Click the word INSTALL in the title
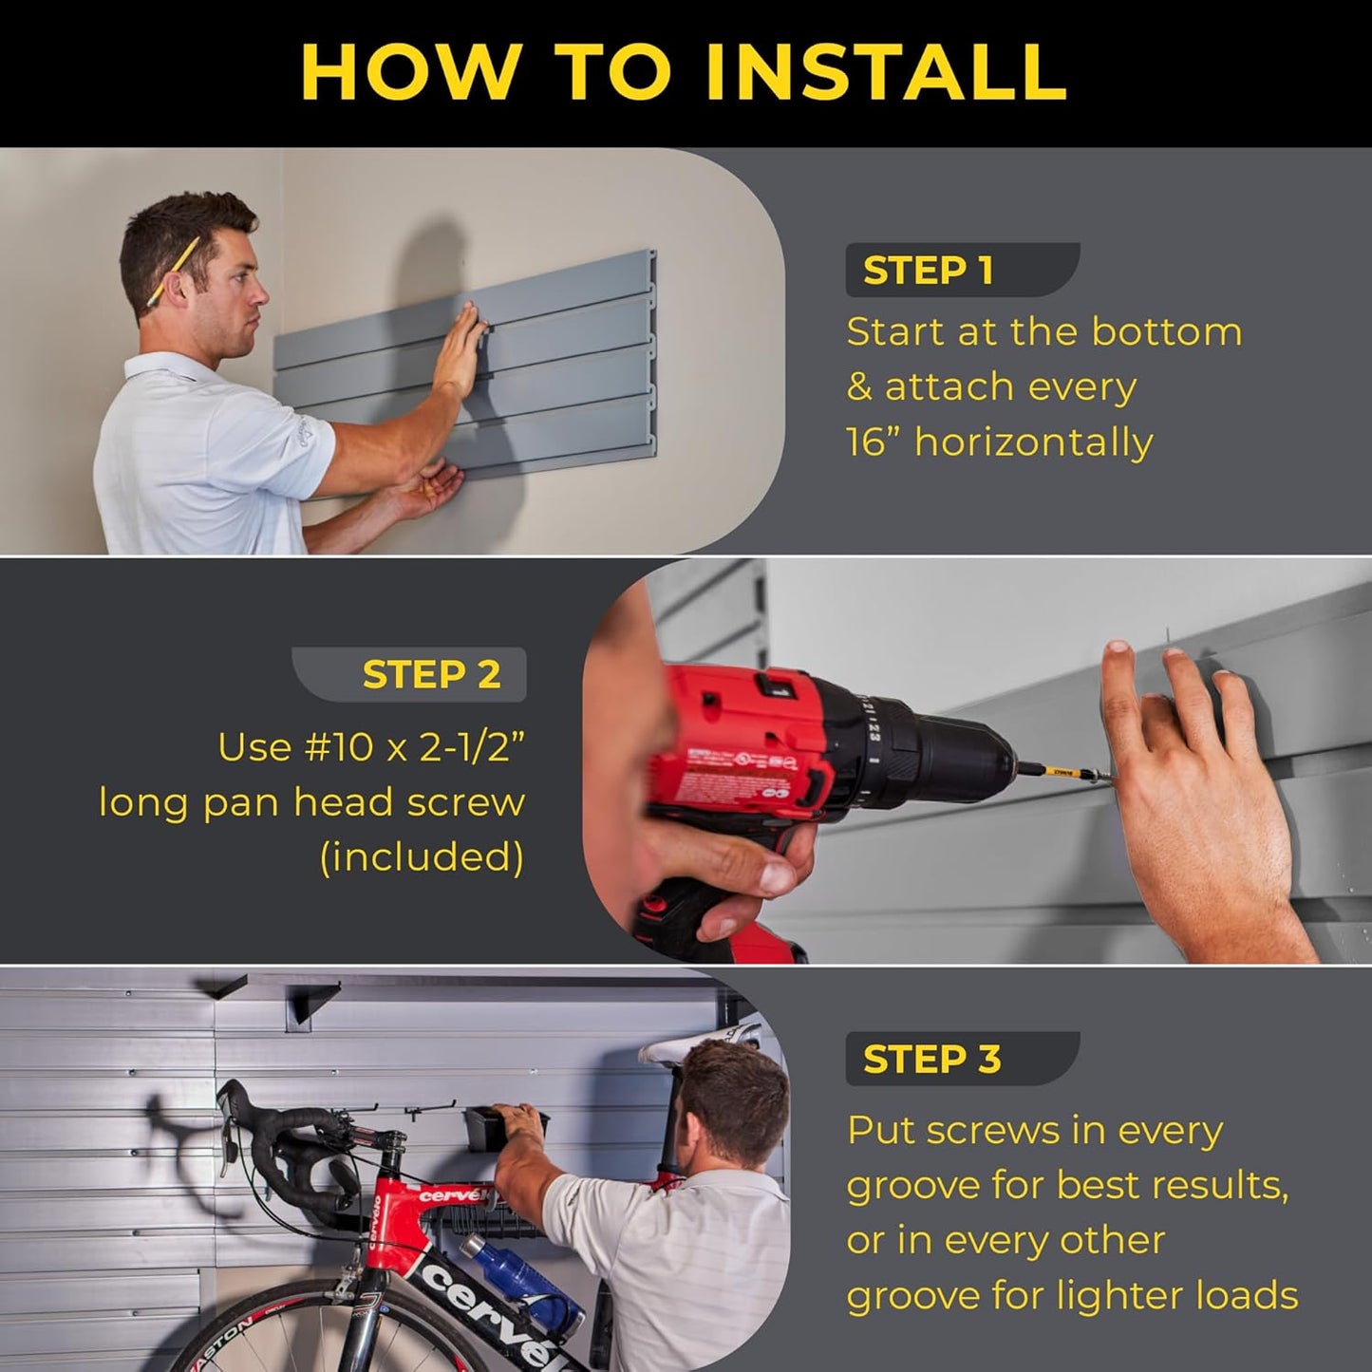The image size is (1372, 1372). pos(887,72)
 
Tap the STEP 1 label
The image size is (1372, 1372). pos(928,271)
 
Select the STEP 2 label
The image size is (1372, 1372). pos(431,674)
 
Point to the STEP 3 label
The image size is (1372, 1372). pos(931,1059)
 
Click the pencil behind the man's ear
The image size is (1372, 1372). pos(173,270)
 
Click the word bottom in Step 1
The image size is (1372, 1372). pos(1166,332)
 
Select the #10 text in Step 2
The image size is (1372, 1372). pos(339,747)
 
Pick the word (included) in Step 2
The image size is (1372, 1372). pos(422,857)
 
